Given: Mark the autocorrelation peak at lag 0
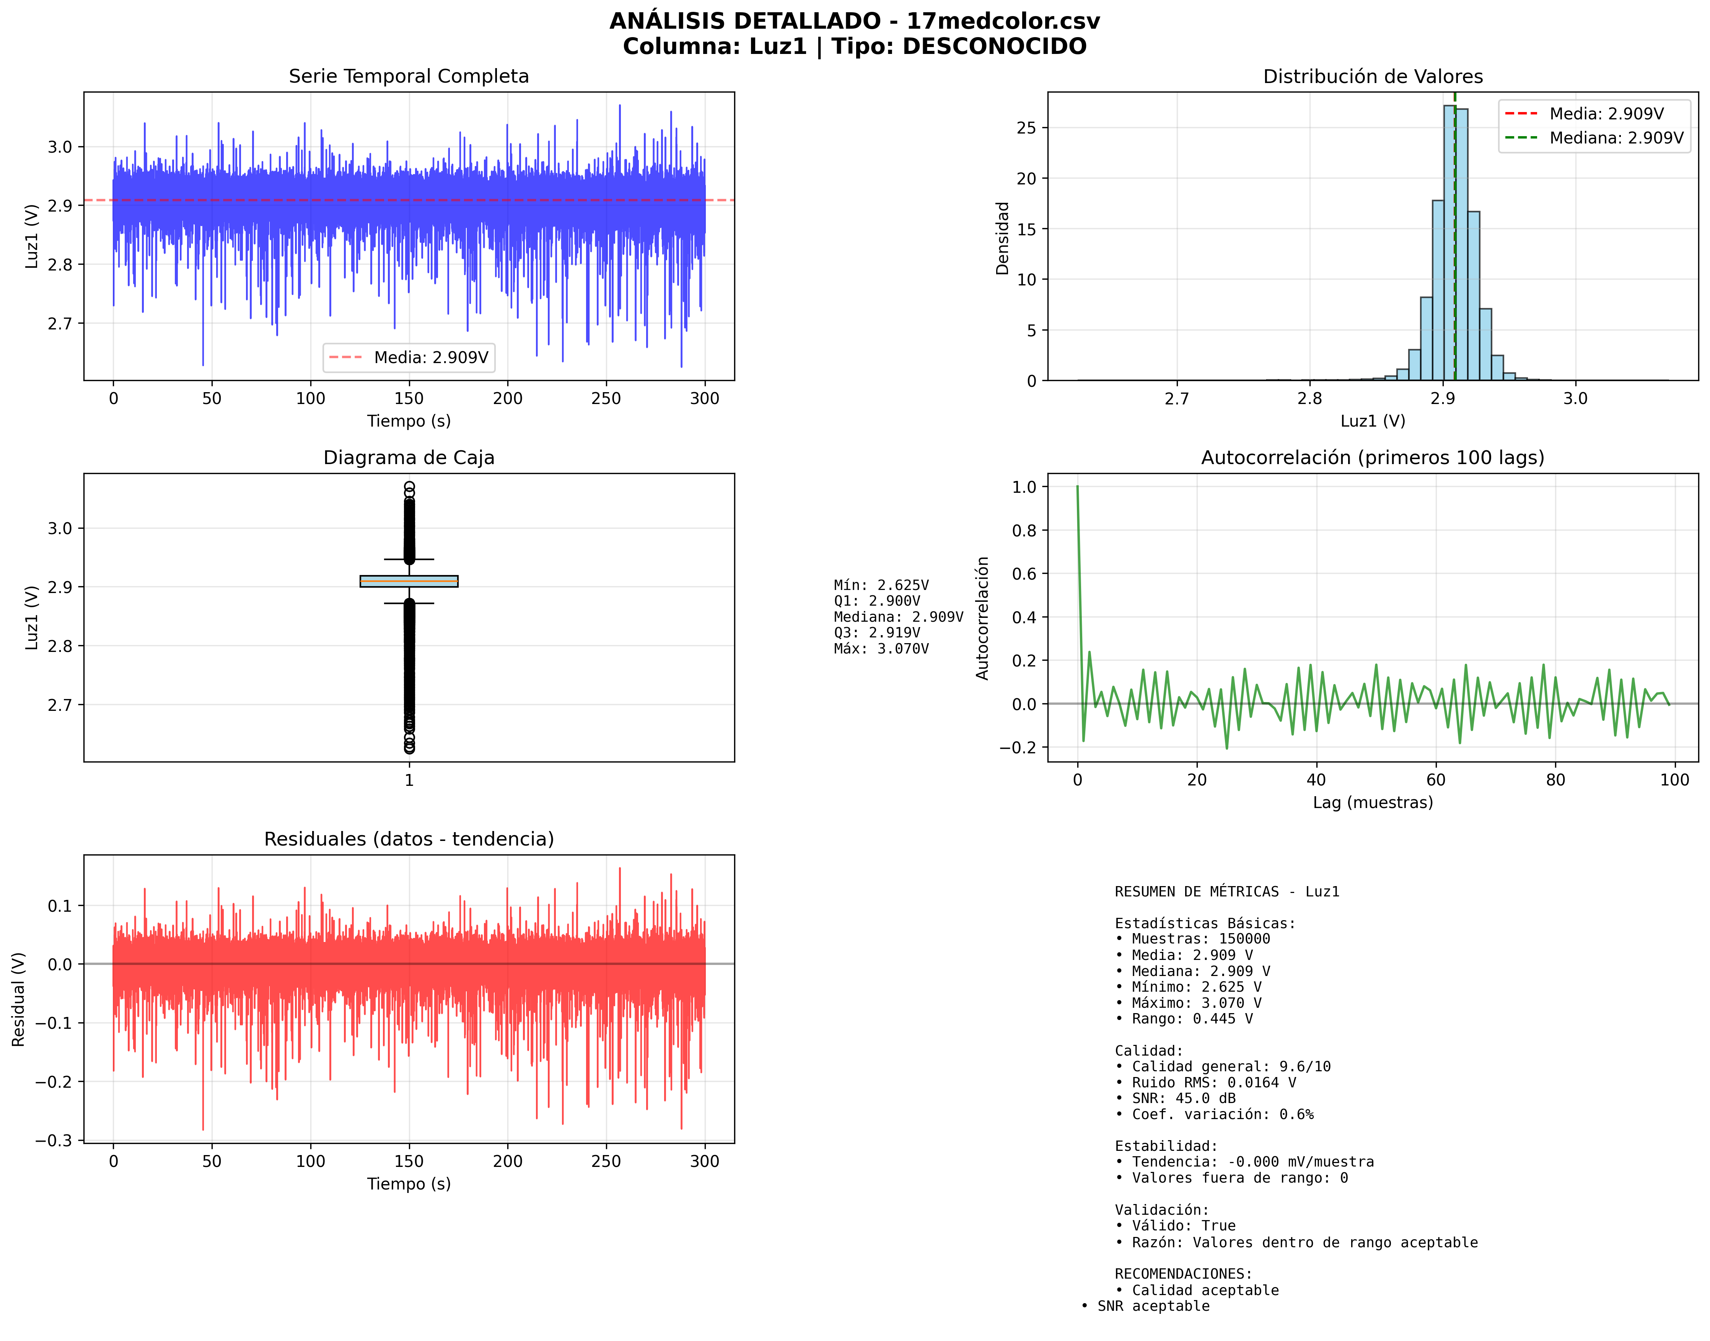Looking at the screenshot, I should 1077,487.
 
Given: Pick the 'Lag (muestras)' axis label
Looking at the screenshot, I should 1372,802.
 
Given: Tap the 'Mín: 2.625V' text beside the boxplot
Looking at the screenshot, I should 881,585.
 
